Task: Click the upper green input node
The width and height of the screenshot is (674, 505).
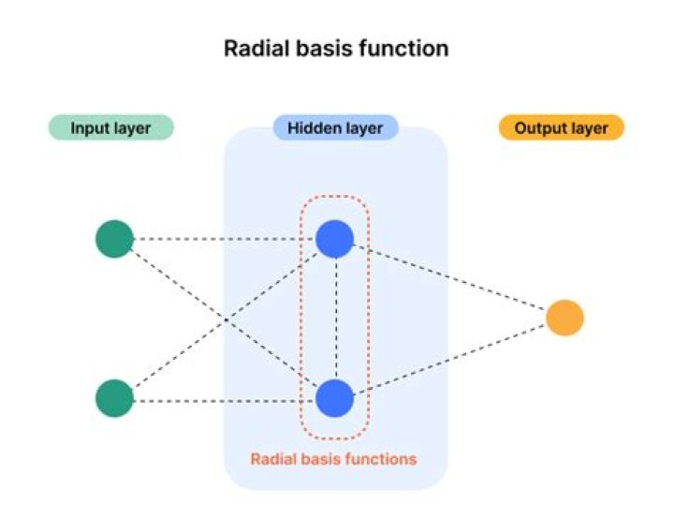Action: coord(114,239)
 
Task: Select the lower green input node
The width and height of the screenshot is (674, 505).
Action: coord(114,398)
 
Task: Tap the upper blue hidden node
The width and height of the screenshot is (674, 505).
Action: coord(334,239)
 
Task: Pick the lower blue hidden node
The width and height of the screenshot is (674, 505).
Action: coord(334,399)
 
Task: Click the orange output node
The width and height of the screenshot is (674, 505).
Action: coord(564,318)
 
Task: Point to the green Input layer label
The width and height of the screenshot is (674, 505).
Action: coord(110,127)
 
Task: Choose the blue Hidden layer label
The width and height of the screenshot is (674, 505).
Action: coord(335,127)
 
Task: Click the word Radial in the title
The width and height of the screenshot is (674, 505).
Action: coord(252,48)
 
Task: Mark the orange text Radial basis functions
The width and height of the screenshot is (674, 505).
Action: coord(333,459)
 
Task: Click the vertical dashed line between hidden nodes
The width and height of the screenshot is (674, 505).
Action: coord(334,319)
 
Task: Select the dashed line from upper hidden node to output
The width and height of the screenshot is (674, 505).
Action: coord(449,278)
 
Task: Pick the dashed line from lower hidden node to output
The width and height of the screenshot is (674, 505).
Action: coord(449,359)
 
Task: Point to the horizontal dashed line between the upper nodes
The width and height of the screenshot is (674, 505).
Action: coord(225,239)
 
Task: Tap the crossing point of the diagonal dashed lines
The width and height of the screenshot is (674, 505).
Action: coord(225,319)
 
